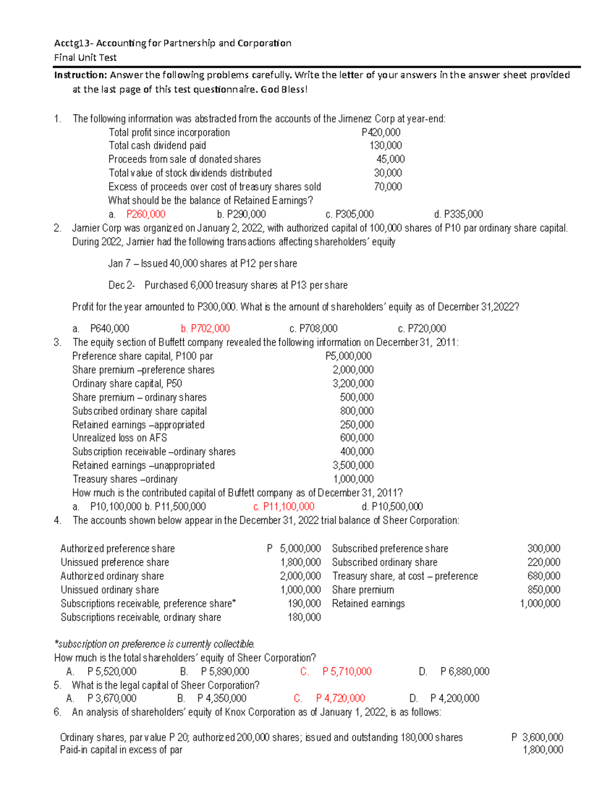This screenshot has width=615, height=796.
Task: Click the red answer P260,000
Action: coord(146,214)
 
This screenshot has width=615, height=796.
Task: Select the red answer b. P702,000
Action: coord(205,329)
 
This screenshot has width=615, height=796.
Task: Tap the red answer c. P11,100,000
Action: coord(283,507)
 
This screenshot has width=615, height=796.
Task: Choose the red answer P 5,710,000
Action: coord(346,671)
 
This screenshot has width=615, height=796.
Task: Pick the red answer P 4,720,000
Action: coord(340,698)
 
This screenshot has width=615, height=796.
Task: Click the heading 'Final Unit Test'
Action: coord(86,57)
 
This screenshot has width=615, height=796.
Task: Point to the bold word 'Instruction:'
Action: coord(81,75)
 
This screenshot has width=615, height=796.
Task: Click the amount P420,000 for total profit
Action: coord(381,132)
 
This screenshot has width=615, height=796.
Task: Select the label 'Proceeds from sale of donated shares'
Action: coord(184,159)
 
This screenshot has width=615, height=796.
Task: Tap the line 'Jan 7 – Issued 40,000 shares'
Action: coord(202,263)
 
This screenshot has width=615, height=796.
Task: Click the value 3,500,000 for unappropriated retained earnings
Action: coord(353,465)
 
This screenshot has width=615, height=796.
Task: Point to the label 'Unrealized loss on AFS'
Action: coord(119,438)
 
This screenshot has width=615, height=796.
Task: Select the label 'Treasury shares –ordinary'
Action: coord(125,479)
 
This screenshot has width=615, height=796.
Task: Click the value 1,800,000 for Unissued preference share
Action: coord(300,562)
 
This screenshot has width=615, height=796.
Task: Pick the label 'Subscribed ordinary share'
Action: coord(384,562)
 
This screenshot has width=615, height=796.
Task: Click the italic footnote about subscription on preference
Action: coord(154,644)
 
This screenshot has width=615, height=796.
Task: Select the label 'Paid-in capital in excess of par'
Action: coord(121,750)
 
